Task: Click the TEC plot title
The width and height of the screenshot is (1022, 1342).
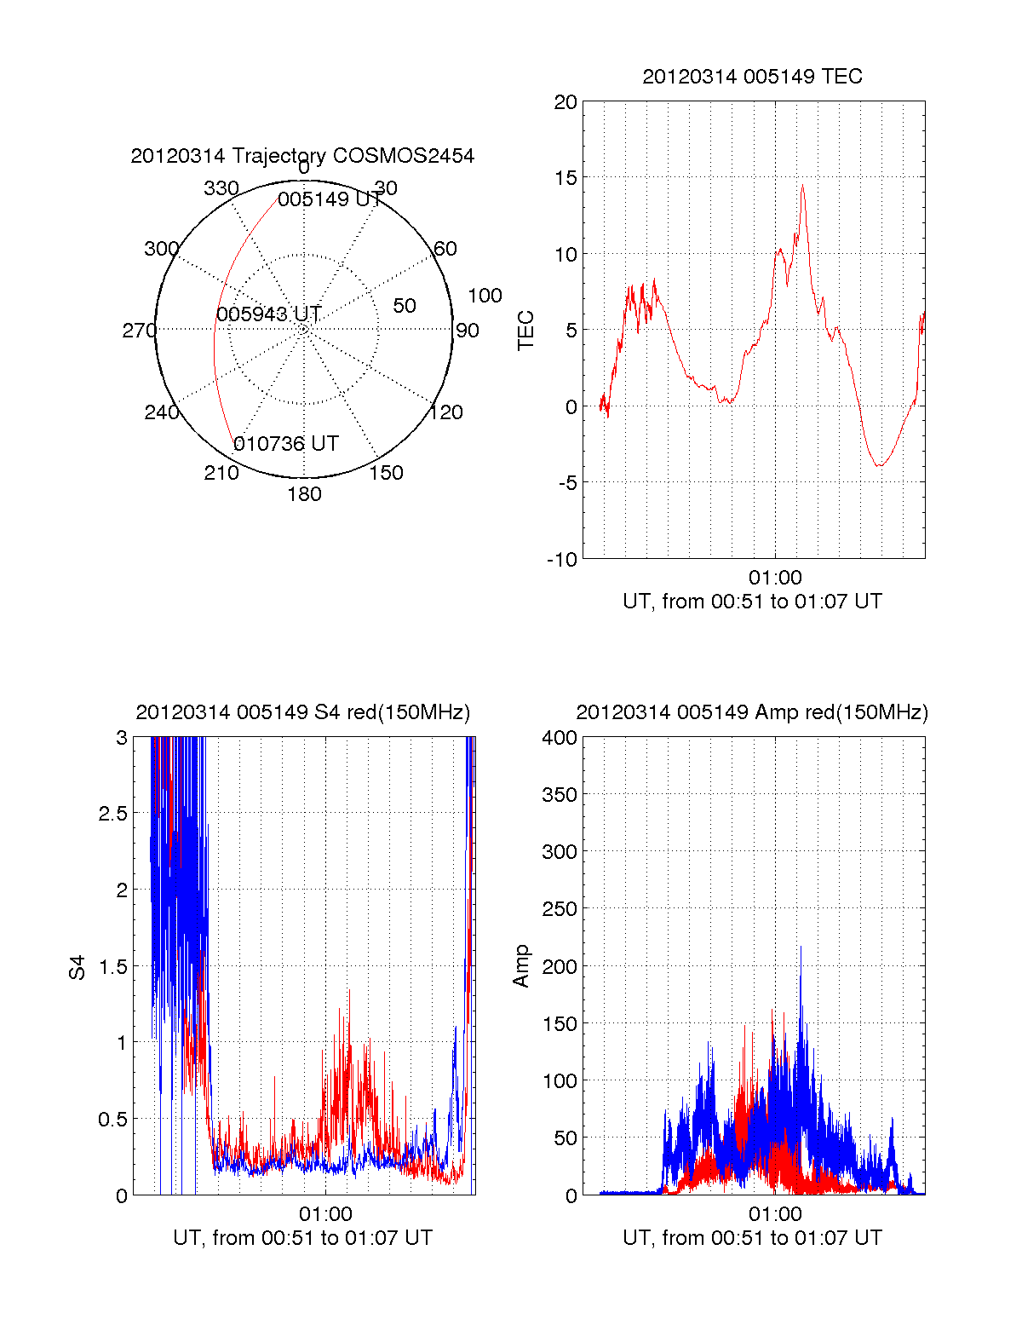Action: (x=752, y=77)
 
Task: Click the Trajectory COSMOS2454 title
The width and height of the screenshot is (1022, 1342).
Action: (x=302, y=156)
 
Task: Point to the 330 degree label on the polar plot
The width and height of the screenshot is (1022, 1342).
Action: (x=221, y=188)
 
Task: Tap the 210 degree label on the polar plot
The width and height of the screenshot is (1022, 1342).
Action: (x=221, y=473)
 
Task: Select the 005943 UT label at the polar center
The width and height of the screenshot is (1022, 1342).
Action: (x=268, y=314)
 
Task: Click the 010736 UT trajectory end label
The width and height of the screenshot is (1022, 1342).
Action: (x=286, y=444)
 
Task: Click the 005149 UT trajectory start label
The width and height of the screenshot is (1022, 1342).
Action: (x=330, y=199)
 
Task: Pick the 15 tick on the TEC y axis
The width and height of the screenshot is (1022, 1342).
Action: (x=566, y=178)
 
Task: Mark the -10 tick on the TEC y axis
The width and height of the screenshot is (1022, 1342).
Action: (x=562, y=560)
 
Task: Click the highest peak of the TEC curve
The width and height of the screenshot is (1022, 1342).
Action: (x=801, y=185)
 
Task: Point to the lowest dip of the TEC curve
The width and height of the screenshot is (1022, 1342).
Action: (x=880, y=466)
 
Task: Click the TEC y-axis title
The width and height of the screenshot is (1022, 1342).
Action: (x=526, y=331)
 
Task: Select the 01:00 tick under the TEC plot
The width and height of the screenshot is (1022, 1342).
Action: (x=775, y=578)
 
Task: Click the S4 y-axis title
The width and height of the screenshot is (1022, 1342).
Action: (x=78, y=967)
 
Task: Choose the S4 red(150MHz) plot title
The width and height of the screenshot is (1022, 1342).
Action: (x=302, y=712)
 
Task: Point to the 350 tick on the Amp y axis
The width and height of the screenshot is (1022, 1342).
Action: (x=560, y=795)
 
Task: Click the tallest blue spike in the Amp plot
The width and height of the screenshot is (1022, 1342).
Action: (x=800, y=947)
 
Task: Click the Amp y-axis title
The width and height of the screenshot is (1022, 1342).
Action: (x=521, y=966)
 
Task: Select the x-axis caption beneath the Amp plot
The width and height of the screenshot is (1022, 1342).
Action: (x=752, y=1238)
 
